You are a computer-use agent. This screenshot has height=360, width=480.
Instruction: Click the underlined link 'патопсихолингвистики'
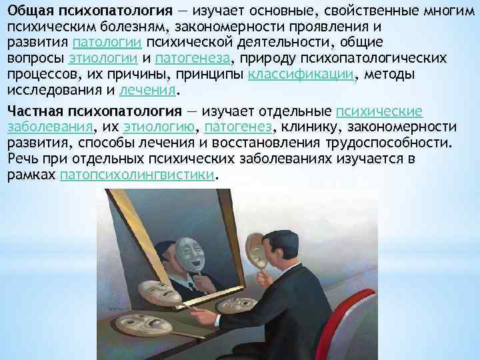point(138,175)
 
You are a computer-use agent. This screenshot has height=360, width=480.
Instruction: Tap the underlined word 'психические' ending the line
point(379,111)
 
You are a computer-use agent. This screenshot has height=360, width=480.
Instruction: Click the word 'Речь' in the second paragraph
point(22,159)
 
